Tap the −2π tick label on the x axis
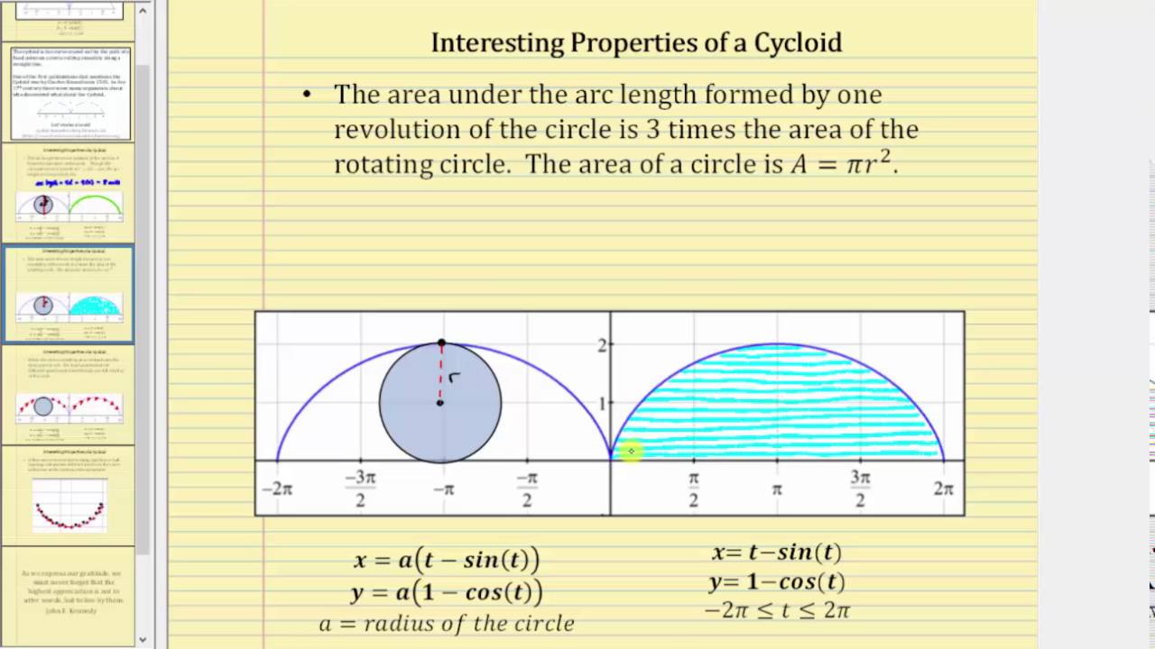(277, 489)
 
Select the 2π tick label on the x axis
(943, 489)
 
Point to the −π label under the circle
(442, 489)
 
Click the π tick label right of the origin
(777, 489)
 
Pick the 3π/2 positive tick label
(860, 489)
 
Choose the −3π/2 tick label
(360, 489)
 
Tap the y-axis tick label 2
(602, 343)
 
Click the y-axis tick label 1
(602, 403)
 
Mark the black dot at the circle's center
(440, 402)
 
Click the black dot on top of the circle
(440, 343)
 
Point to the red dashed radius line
(440, 373)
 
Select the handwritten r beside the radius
(455, 377)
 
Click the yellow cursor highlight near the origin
(631, 451)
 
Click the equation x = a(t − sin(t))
(446, 560)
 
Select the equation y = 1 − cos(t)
(777, 582)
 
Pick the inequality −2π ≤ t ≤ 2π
(777, 610)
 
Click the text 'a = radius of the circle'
(446, 623)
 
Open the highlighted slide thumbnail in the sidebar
(69, 295)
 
